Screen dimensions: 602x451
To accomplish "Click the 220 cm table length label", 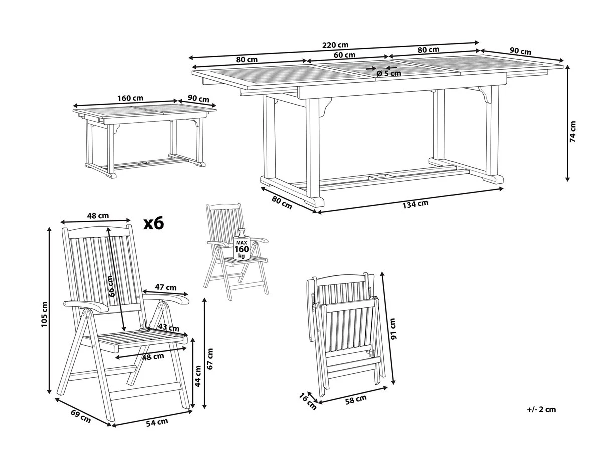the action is click(335, 45).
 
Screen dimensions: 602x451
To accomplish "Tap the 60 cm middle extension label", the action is click(344, 55).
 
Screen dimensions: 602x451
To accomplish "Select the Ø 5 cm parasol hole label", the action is click(389, 73).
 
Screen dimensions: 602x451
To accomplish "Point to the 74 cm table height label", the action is click(573, 131).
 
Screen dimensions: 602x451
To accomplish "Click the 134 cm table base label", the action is click(415, 204).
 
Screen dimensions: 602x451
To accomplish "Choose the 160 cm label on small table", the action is click(130, 98).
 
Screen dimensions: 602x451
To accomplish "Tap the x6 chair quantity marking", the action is click(154, 222).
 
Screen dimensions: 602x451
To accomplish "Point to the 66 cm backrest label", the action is click(111, 286).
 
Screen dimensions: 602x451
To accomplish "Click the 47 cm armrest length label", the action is click(166, 287).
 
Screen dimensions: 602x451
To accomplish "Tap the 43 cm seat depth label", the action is click(169, 327).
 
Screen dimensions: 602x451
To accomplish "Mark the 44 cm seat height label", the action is click(198, 376).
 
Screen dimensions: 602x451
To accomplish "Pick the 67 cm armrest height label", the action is click(210, 359).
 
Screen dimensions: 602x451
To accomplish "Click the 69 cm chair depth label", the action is click(81, 417).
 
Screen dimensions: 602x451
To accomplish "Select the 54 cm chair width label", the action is click(157, 422).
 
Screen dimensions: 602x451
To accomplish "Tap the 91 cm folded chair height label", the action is click(393, 329).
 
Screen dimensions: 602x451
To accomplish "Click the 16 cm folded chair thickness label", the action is click(308, 401).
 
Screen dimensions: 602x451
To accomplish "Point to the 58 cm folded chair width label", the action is click(356, 399).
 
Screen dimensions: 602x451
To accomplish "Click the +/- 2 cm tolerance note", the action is click(541, 417).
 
